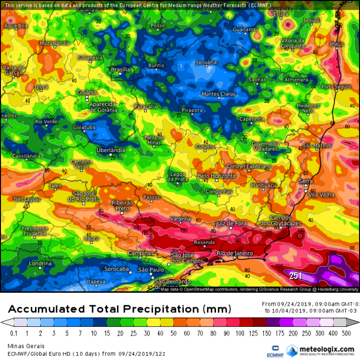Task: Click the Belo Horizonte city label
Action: pyautogui.click(x=217, y=176)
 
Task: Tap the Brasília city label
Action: pyautogui.click(x=120, y=70)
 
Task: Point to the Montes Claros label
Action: pyautogui.click(x=218, y=94)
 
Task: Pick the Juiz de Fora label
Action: pyautogui.click(x=231, y=224)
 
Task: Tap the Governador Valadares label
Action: pyautogui.click(x=265, y=146)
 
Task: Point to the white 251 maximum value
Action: pyautogui.click(x=296, y=276)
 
